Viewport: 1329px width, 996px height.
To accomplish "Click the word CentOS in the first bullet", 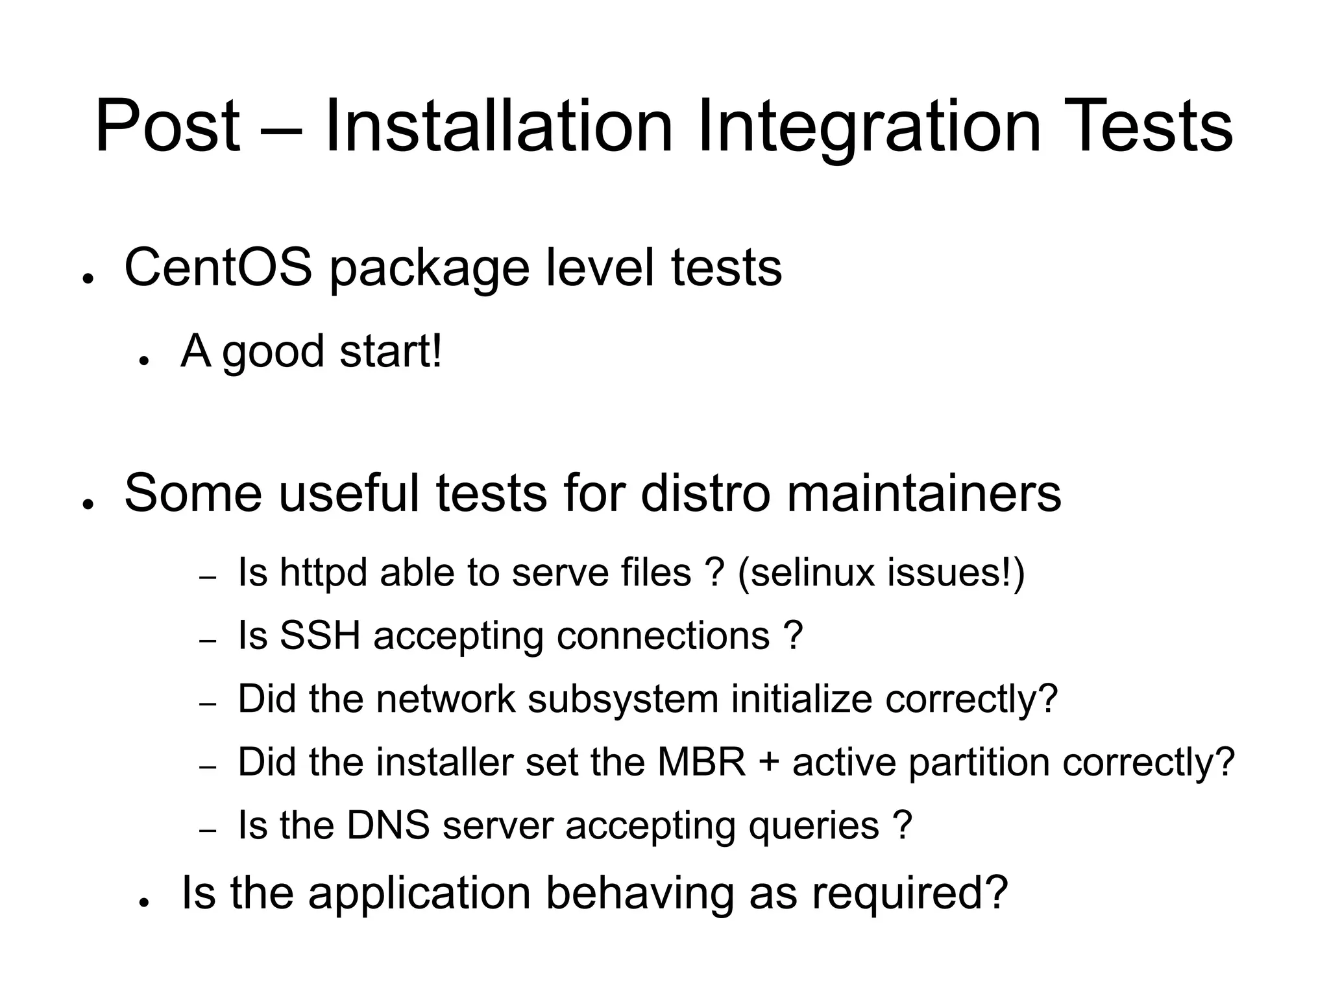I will point(218,267).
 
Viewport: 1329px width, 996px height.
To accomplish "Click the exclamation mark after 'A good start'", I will point(436,351).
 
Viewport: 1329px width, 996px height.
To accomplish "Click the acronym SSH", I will point(319,635).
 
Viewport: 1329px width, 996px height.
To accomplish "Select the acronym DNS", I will point(388,825).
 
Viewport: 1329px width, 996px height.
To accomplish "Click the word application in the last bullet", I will point(420,893).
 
